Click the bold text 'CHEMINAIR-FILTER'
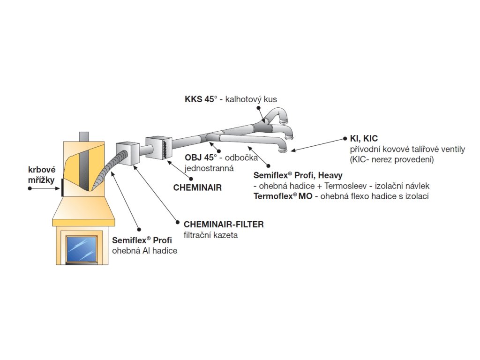tap(224, 225)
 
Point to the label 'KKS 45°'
tap(201, 99)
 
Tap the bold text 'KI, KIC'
tap(364, 139)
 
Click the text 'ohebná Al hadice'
tap(145, 251)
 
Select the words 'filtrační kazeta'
tap(210, 235)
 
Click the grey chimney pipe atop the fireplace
tap(84, 136)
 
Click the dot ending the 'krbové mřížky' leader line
tap(30, 188)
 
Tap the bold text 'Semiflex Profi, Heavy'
tap(298, 175)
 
